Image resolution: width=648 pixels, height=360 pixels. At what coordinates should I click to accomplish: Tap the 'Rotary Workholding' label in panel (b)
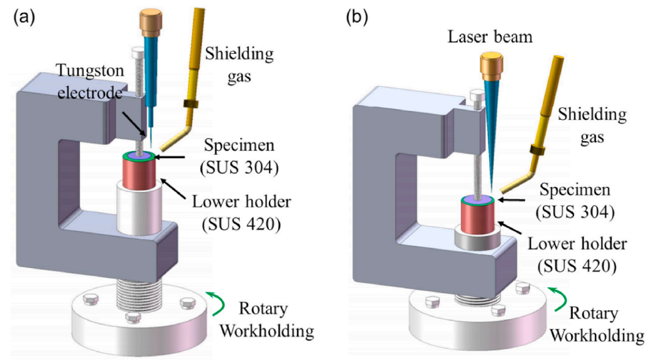(605, 324)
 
